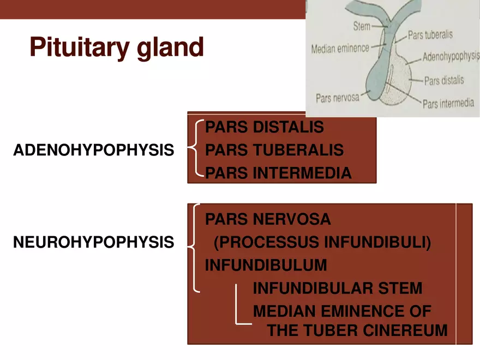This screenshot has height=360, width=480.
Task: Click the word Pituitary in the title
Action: point(80,47)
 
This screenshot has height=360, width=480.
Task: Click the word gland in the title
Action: point(170,47)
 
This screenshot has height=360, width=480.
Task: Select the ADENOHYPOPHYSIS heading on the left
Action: point(94,150)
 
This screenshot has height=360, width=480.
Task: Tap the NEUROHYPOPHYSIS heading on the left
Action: point(94,242)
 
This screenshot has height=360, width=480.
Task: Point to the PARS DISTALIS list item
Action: point(264,127)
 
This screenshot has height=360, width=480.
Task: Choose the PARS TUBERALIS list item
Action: point(274,149)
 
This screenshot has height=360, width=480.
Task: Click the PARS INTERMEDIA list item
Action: point(278,173)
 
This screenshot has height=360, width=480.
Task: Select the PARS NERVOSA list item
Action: point(268,219)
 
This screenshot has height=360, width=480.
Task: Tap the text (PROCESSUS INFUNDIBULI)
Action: point(322,242)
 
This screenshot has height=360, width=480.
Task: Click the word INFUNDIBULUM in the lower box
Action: point(266,265)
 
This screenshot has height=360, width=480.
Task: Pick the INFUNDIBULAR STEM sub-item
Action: point(338,288)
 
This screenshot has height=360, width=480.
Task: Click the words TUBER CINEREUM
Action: point(376,331)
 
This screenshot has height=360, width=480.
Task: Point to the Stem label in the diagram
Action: point(362,26)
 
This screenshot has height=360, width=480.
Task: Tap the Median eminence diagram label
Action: point(340,49)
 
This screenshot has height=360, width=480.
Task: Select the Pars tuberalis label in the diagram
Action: point(430,35)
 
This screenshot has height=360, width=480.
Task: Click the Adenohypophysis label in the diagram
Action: point(451,56)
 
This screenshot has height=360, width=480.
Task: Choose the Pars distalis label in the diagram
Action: point(444,81)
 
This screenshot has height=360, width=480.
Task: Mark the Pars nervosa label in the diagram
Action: point(337,98)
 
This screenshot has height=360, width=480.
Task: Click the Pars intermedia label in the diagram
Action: point(448,104)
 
